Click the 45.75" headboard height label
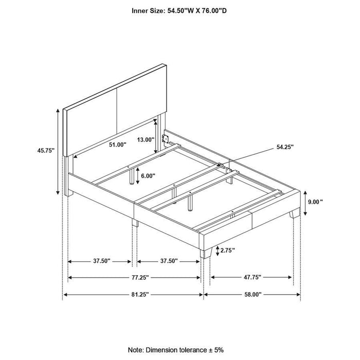(45, 152)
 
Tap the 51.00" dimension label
(118, 145)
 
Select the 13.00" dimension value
(146, 139)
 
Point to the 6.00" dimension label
(148, 175)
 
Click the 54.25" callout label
(284, 147)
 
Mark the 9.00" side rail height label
(315, 202)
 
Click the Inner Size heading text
(179, 10)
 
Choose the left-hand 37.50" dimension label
(101, 261)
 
